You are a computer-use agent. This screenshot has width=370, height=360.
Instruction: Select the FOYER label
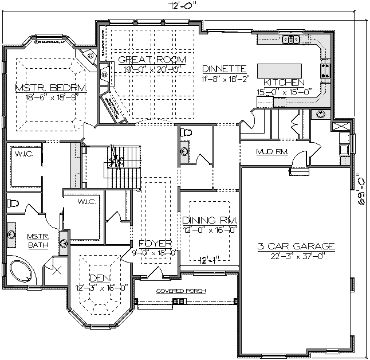click(x=151, y=243)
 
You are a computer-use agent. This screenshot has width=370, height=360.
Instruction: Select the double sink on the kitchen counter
click(x=292, y=40)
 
